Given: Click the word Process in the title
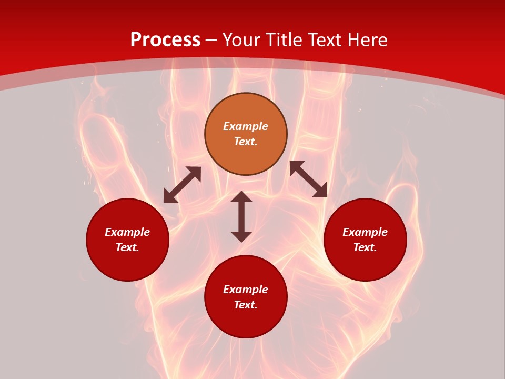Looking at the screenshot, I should (x=165, y=40).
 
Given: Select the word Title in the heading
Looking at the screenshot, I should (x=286, y=40).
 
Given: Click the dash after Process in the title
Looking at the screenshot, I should (x=211, y=41).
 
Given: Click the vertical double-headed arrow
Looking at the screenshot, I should (x=241, y=216).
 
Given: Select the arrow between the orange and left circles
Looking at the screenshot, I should (x=182, y=185).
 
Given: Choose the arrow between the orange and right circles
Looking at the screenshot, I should (x=308, y=179).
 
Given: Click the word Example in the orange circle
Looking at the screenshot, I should (x=246, y=126).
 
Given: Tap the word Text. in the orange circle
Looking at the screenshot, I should (x=246, y=142).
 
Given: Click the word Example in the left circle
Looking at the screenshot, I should (x=127, y=232).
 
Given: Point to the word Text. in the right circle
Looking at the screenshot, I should (x=365, y=247).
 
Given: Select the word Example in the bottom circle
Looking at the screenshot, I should (x=246, y=290).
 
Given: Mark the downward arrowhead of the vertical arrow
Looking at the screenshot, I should (x=241, y=236).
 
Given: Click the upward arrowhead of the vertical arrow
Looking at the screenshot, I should (x=241, y=197).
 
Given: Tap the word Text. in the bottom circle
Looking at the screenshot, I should (x=246, y=305).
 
